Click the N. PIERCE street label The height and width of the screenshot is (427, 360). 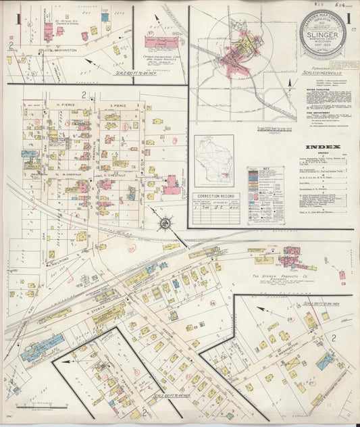click(x=66, y=106)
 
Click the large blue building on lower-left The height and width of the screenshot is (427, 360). click(x=42, y=347)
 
